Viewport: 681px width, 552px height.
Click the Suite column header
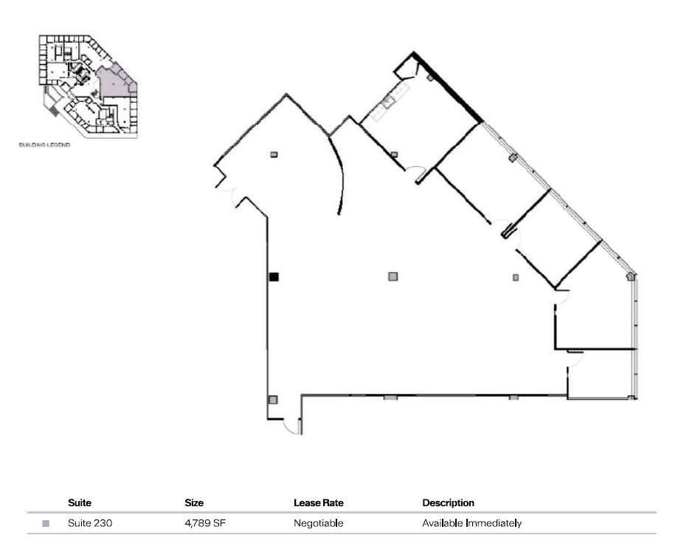(x=80, y=503)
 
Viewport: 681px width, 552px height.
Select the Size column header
(x=194, y=503)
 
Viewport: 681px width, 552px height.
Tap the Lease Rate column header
(x=318, y=503)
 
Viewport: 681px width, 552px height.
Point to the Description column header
(x=448, y=503)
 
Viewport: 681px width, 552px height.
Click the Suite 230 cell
(x=90, y=524)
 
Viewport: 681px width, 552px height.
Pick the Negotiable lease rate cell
(x=318, y=524)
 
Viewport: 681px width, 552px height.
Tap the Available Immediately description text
(x=471, y=524)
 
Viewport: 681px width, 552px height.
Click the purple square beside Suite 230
(x=46, y=524)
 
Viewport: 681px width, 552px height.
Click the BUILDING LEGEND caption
(x=44, y=146)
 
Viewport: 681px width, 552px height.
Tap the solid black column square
(x=274, y=277)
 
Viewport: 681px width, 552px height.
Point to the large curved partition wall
(x=337, y=174)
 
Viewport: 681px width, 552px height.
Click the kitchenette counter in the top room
(x=389, y=103)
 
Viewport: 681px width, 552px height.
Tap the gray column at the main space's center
(x=393, y=276)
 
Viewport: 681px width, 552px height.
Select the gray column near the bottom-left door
(x=273, y=400)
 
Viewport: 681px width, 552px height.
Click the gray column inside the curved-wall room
(x=274, y=154)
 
